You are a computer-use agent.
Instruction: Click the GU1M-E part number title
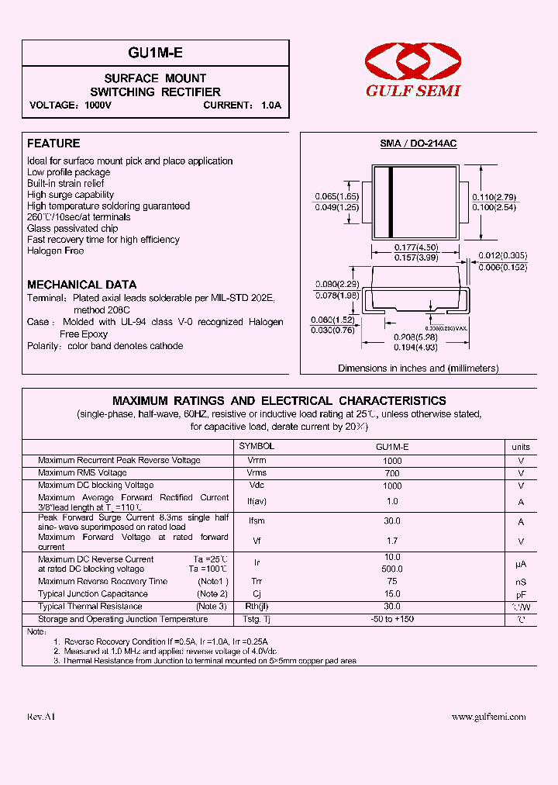tap(155, 53)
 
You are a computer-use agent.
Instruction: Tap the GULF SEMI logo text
tap(413, 91)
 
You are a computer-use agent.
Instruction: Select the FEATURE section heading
tap(53, 144)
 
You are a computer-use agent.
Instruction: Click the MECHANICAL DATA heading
tap(81, 285)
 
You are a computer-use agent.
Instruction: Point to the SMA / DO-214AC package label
tap(418, 144)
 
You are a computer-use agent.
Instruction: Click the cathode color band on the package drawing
tap(391, 202)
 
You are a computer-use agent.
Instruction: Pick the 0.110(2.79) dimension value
tap(494, 198)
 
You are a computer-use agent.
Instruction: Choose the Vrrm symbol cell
tap(257, 461)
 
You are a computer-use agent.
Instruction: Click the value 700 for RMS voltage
tap(392, 473)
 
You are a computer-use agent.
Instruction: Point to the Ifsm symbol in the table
tap(257, 522)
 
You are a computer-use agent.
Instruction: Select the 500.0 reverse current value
tap(392, 569)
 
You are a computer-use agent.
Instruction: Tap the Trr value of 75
tap(392, 581)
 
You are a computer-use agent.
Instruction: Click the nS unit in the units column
tap(521, 582)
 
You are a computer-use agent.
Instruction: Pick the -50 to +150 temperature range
tap(392, 620)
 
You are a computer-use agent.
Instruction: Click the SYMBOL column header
tap(257, 447)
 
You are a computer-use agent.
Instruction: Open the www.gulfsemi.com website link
tap(488, 717)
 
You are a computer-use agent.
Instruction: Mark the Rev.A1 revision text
tap(41, 717)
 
